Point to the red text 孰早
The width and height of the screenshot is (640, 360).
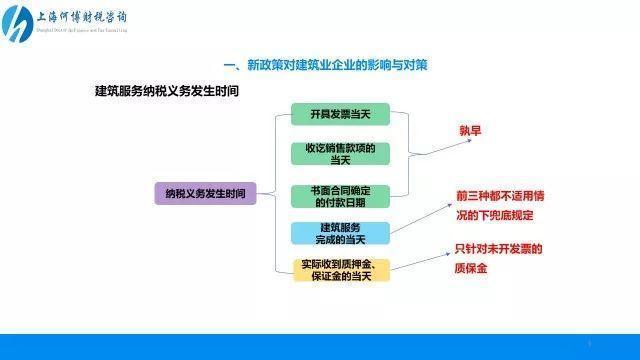click(x=472, y=131)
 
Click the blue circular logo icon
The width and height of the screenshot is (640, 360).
click(x=19, y=24)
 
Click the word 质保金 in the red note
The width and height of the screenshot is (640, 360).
click(x=471, y=268)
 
